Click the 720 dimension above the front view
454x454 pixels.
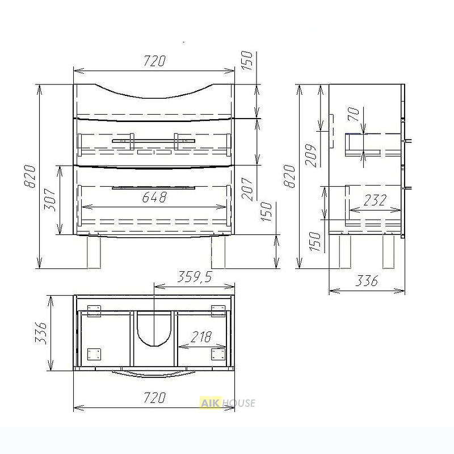point(154,61)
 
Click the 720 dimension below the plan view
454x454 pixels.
point(154,398)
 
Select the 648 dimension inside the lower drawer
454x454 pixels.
point(154,197)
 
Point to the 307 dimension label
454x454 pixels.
point(50,200)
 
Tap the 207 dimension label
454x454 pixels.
point(247,189)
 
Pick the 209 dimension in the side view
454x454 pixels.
point(311,155)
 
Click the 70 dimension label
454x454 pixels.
point(354,114)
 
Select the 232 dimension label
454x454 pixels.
point(375,200)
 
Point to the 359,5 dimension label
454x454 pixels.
point(194,277)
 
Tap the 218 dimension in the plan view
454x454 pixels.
point(201,337)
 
